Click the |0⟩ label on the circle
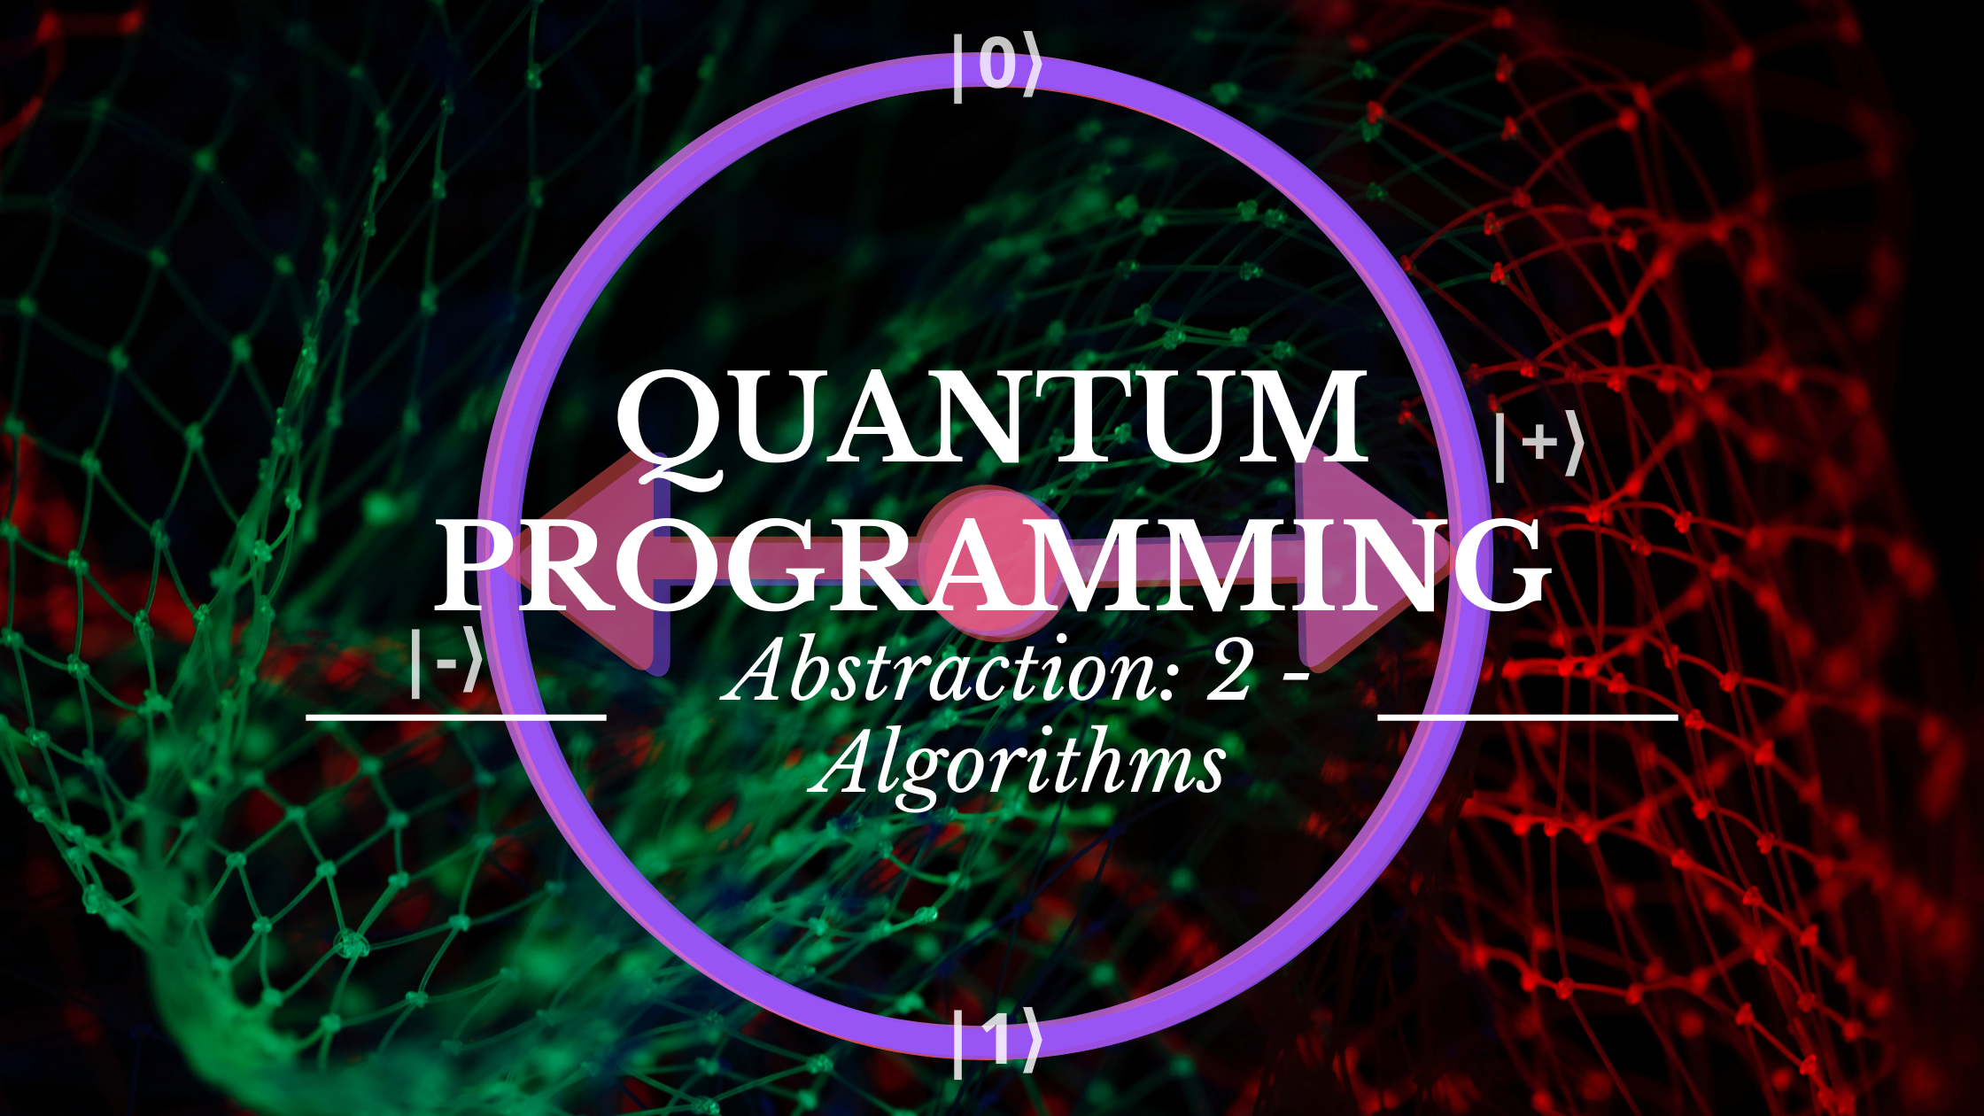(996, 66)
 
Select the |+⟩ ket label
(1538, 446)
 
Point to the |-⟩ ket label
(446, 662)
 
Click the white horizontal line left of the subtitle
(456, 716)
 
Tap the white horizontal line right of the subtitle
(1528, 716)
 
